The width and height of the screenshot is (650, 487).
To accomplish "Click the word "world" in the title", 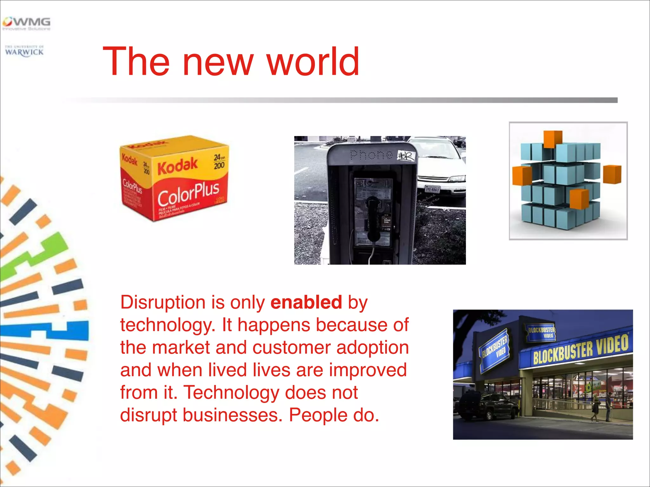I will pos(313,62).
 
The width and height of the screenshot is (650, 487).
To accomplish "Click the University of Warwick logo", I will pos(24,51).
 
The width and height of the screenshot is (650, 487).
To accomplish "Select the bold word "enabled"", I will pos(306,302).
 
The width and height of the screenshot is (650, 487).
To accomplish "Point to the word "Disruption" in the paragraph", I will pos(162,303).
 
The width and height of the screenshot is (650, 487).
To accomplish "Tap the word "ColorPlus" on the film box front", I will pos(189,193).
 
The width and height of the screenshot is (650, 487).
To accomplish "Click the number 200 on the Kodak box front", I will pos(219,165).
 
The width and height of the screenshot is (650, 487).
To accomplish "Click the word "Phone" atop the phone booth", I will pos(371,155).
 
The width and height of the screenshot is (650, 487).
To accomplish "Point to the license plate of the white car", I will pos(432,189).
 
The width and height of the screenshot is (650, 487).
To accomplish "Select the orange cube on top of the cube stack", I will pos(553,139).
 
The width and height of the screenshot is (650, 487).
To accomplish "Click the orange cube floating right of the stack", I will pos(612,174).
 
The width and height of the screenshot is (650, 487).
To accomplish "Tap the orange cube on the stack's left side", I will pos(522,176).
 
